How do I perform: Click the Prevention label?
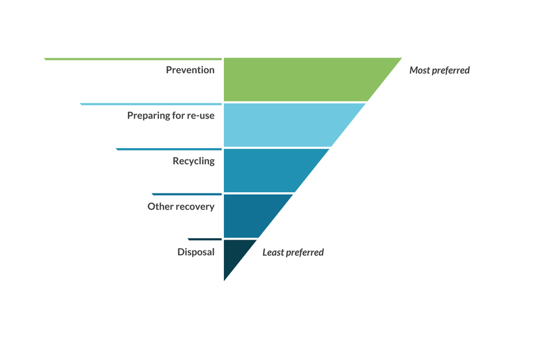click(190, 70)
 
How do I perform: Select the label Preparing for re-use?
click(170, 116)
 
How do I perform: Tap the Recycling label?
click(193, 161)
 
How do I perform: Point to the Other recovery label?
click(181, 206)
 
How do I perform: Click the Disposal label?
click(195, 252)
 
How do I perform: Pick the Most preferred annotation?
click(440, 70)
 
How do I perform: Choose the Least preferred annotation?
click(293, 252)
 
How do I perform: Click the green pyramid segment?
click(298, 80)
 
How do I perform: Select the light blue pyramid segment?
click(284, 125)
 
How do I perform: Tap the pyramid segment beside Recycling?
click(267, 170)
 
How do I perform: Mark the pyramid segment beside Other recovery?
click(250, 215)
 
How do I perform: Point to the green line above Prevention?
click(133, 59)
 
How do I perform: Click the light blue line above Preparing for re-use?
click(151, 104)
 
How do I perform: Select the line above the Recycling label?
click(169, 149)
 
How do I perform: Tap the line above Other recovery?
click(187, 194)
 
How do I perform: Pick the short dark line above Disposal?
click(205, 240)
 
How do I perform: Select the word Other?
click(160, 206)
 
